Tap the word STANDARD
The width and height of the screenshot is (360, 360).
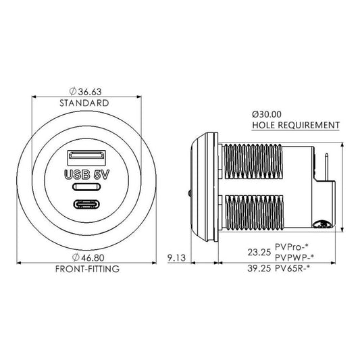84,103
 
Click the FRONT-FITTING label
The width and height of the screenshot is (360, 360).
87,269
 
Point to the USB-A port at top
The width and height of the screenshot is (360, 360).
86,158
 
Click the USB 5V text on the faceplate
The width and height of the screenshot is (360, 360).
86,175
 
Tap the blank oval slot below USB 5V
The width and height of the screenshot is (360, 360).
86,186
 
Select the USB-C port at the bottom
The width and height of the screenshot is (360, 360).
86,204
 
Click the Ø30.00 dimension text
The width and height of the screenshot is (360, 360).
267,114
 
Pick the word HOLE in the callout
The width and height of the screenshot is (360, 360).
263,125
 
